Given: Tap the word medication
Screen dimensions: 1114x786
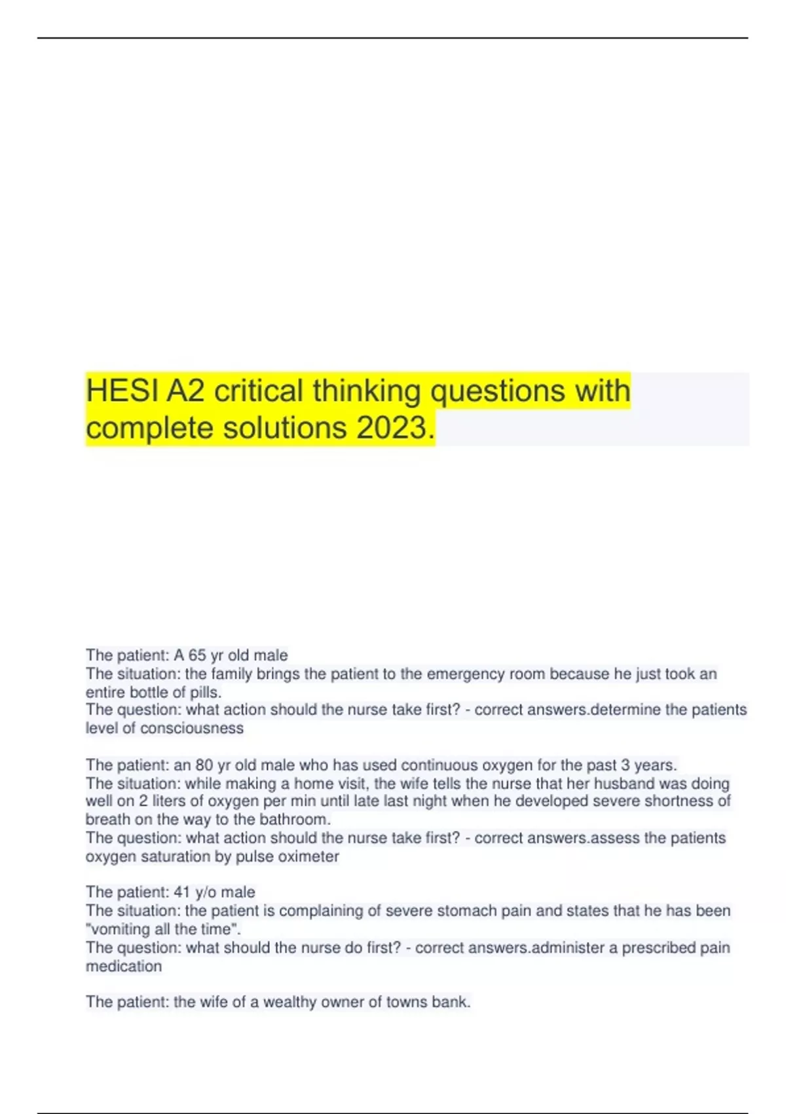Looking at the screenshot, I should coord(124,966).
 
